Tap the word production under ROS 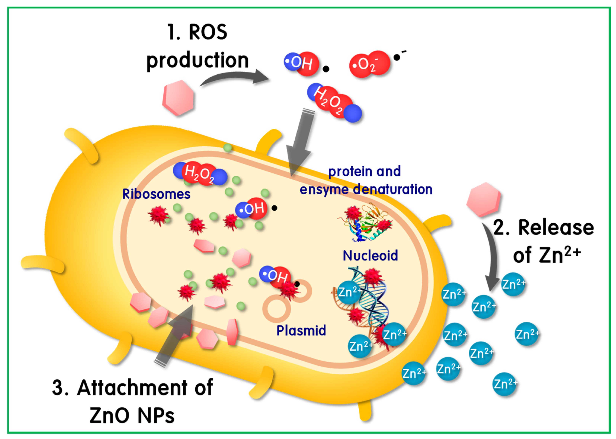(x=197, y=60)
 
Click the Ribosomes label (x=156, y=194)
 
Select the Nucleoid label (x=370, y=256)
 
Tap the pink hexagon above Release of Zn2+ (x=483, y=199)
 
